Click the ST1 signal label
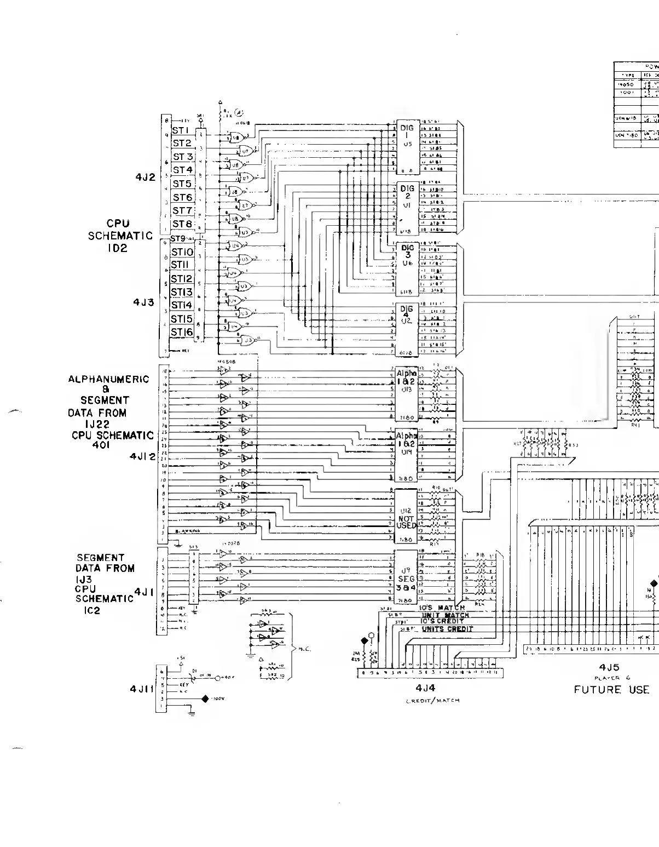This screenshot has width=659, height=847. point(180,130)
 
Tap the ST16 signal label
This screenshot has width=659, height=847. point(182,332)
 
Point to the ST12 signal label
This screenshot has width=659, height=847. point(182,279)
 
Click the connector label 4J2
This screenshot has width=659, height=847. point(146,177)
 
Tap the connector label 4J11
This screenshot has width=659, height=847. point(142,689)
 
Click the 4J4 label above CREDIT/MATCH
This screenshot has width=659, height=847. point(425,688)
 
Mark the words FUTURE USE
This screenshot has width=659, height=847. point(611,690)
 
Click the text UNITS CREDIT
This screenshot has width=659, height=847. point(447,629)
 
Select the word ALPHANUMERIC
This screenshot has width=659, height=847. point(108,379)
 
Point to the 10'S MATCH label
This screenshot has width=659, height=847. point(442,608)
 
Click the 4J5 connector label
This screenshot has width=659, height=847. point(609,668)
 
